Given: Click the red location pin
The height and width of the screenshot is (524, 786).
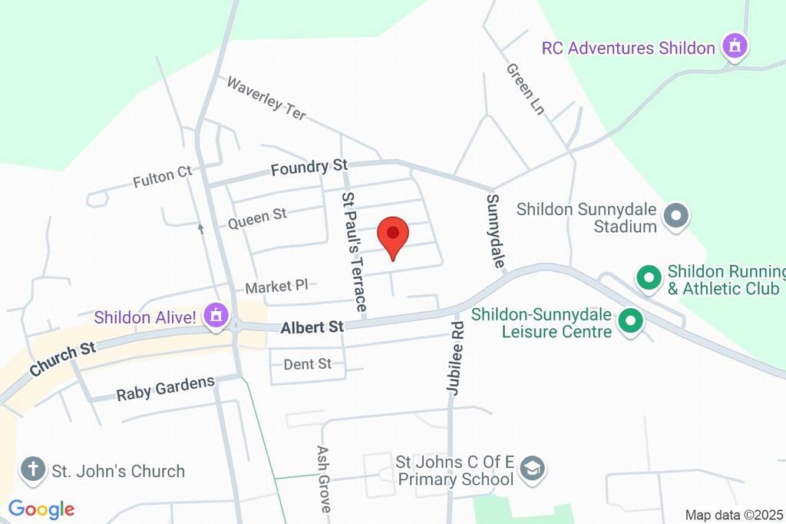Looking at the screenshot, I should (394, 234).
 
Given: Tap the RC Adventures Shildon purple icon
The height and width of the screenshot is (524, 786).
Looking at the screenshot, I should (735, 45).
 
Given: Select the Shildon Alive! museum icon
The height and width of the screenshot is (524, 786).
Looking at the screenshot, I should (217, 315).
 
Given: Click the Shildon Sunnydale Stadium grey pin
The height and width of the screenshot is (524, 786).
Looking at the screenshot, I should (676, 216).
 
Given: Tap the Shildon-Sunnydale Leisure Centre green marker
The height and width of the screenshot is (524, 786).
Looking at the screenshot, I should (631, 321).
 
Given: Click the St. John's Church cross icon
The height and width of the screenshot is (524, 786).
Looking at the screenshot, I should (33, 469).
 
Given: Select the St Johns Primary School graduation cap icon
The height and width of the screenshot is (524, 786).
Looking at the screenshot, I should (532, 469).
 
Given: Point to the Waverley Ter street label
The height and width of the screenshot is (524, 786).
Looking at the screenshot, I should (266, 98).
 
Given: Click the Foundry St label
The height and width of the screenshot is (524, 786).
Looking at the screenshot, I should (309, 167).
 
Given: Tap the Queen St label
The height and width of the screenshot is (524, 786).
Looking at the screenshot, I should (257, 218).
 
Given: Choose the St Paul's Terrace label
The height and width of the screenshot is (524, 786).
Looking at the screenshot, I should (353, 251).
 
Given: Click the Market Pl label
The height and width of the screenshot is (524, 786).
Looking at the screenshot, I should (276, 287).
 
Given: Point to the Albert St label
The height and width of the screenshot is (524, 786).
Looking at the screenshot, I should (312, 328).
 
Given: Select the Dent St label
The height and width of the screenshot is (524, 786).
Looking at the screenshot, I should (308, 363).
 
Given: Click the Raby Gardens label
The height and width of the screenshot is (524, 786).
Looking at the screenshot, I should (165, 389).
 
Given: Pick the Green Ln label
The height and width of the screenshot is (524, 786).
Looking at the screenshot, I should (525, 89).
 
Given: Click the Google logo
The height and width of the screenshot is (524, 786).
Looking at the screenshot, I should (41, 509).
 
